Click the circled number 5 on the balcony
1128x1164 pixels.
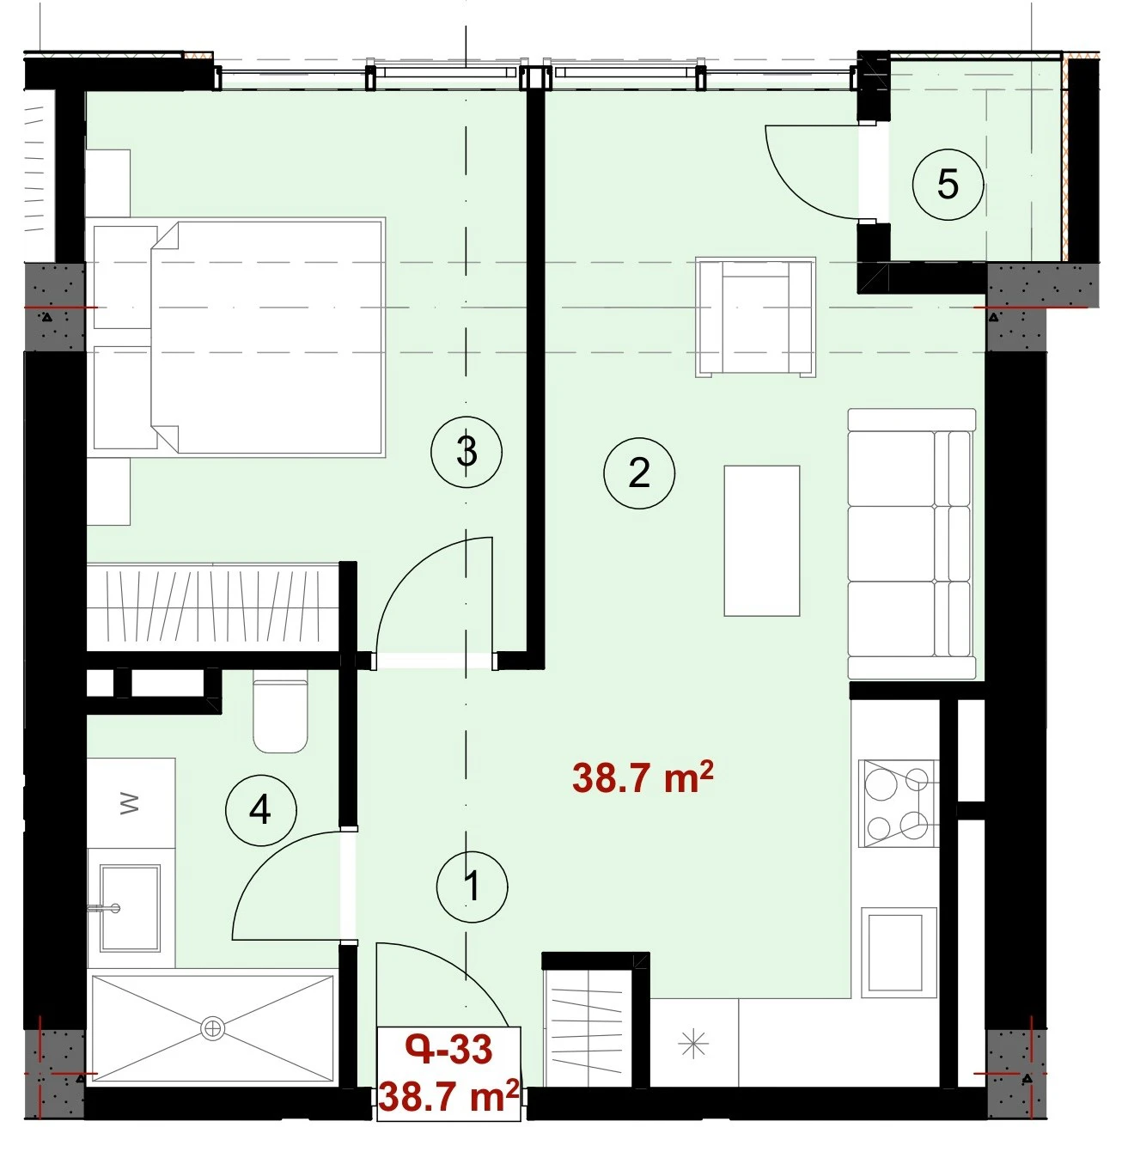tap(948, 184)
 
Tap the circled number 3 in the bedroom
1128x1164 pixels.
tap(466, 452)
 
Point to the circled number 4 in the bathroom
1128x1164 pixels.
tap(261, 810)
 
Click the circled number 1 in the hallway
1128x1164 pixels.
tap(472, 887)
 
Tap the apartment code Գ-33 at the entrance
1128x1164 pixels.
tap(448, 1050)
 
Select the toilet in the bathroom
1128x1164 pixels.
tap(280, 711)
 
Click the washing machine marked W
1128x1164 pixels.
tap(131, 803)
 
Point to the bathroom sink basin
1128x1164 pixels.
tap(130, 908)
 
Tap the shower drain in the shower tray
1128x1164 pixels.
tap(211, 1028)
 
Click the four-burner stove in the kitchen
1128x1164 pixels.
tap(899, 803)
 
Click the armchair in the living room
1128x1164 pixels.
tap(755, 317)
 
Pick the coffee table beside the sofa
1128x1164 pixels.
tap(762, 540)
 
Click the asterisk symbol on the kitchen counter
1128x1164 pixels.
tap(694, 1045)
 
